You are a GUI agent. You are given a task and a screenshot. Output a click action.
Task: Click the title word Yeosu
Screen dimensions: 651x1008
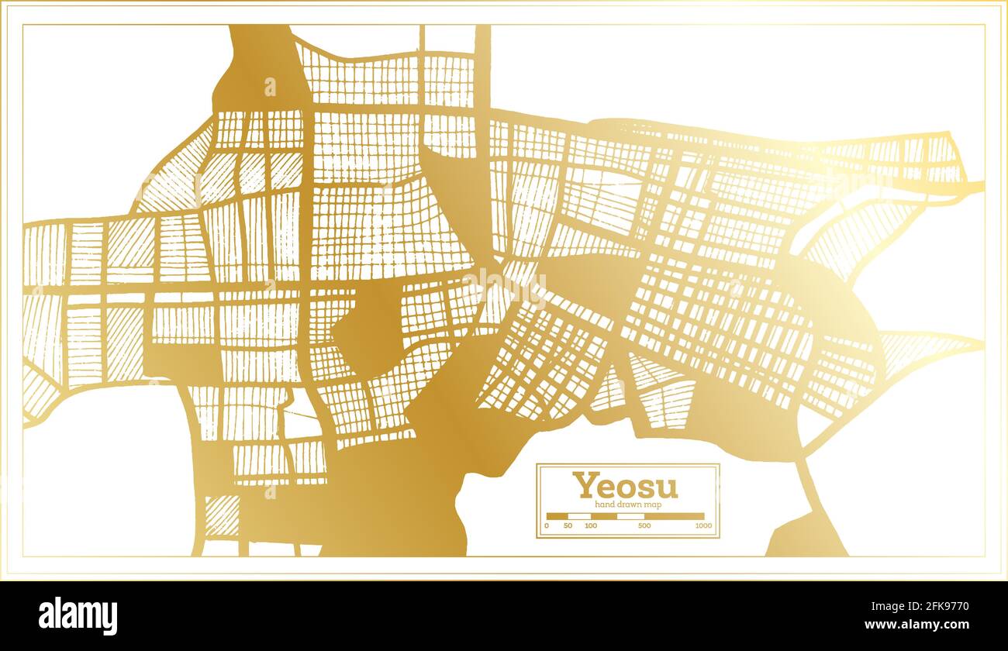625,486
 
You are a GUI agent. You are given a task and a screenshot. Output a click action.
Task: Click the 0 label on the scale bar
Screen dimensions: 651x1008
547,526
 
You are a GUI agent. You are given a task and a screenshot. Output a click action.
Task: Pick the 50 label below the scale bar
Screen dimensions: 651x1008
568,526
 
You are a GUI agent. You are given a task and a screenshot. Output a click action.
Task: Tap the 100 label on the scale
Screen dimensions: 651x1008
591,526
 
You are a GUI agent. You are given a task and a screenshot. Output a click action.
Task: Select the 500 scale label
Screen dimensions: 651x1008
644,526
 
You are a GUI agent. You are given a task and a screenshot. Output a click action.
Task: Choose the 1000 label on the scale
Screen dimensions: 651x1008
703,526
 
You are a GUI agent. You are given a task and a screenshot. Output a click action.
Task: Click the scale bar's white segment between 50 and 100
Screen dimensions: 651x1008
579,516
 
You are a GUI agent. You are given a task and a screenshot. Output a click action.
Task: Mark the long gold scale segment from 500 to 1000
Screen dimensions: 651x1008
674,516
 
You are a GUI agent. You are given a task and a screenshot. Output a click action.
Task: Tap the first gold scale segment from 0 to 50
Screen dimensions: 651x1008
557,516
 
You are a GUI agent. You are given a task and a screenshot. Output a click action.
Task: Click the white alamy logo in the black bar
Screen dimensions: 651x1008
78,616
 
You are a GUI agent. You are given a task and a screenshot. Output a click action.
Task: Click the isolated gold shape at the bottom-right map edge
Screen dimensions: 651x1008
806,538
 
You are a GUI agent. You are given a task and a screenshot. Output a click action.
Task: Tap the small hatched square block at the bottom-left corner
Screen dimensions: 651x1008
223,516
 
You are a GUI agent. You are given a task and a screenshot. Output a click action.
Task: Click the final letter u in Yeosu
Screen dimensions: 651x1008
668,488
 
